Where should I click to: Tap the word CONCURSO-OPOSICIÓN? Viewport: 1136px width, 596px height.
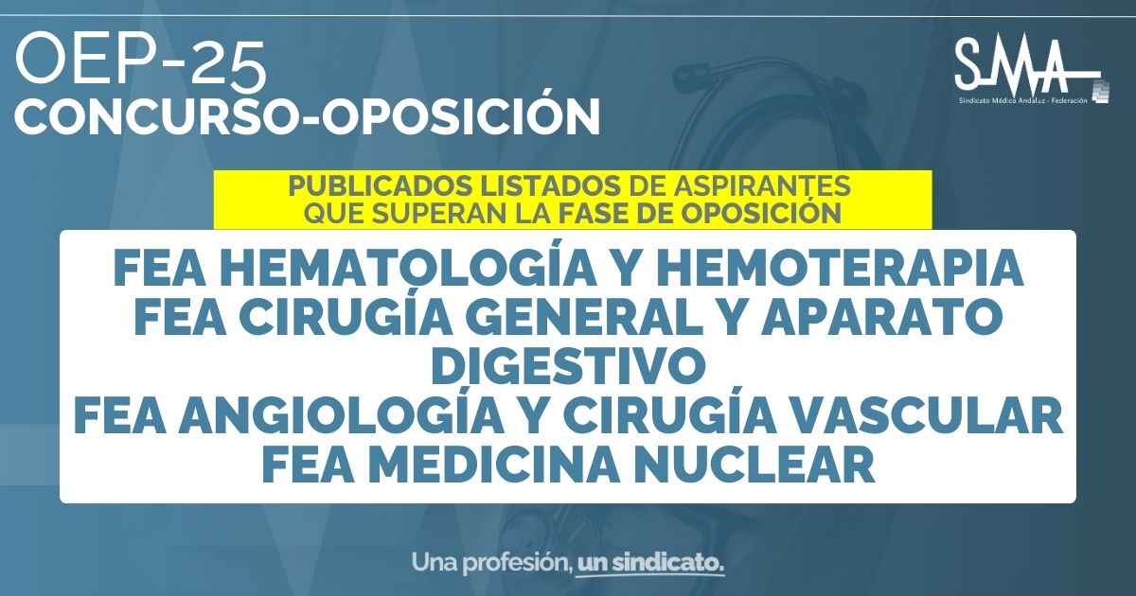(308, 116)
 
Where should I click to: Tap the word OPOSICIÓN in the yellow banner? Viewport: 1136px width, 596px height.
(761, 213)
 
